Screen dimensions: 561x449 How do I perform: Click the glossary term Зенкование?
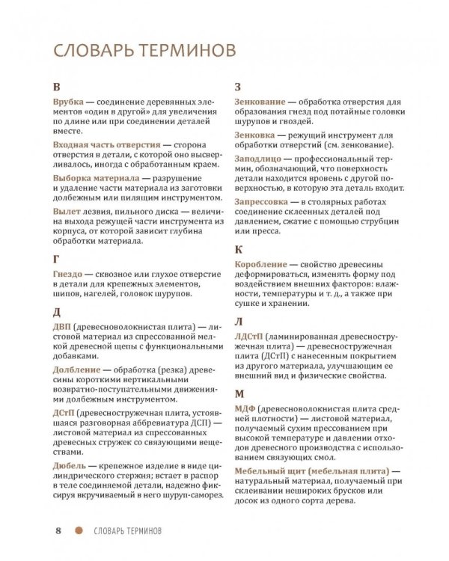[263, 100]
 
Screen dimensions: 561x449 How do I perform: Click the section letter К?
[239, 249]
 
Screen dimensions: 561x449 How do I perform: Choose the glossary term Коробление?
[262, 265]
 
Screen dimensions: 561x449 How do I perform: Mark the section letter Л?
[239, 322]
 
